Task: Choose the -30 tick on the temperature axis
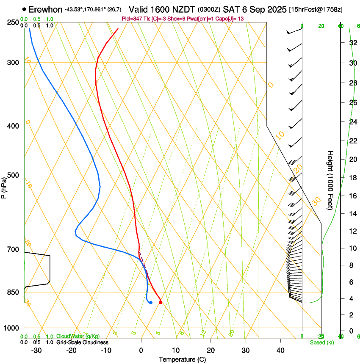coord(36,350)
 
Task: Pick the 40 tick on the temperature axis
coord(280,350)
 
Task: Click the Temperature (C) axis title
coord(182,359)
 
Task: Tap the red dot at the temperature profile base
coord(160,302)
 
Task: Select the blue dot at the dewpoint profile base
coord(151,302)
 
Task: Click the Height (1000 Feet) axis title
coord(330,180)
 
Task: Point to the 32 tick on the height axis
coord(352,43)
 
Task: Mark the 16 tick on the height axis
coord(352,196)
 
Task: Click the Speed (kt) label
coord(321,342)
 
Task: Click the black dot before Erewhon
coord(25,9)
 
